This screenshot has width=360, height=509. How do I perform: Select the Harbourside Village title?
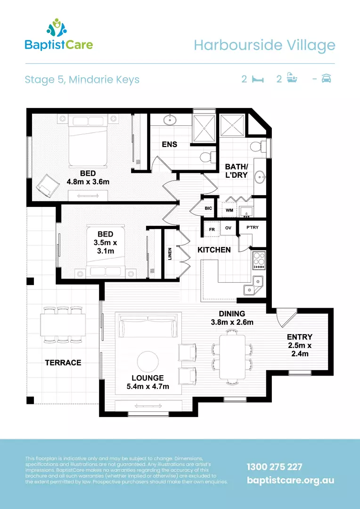pos(264,45)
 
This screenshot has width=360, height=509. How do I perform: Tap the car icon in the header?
pos(326,79)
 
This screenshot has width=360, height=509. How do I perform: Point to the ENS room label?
pos(170,144)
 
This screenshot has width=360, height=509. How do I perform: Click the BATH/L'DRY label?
pos(236,171)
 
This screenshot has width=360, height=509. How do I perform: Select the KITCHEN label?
pos(214,250)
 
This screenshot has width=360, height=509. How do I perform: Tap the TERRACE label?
pos(63,362)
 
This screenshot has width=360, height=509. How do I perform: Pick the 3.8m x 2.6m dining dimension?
pos(232,322)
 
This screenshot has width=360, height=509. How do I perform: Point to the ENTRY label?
pos(300,337)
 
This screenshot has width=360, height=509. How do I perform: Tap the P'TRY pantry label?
pos(252,227)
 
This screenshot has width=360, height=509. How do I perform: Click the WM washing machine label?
pos(229,210)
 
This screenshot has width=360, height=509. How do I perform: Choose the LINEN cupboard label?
pos(170,254)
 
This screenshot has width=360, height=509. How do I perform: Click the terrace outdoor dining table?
pos(63,324)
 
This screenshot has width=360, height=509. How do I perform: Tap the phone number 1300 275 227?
pos(274,467)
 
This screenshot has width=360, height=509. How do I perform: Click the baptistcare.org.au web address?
pos(290,480)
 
